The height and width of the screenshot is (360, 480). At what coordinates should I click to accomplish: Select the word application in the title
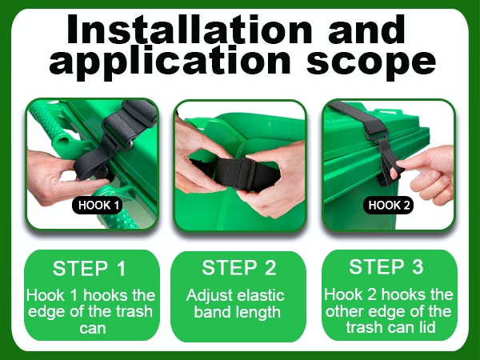(x=170, y=62)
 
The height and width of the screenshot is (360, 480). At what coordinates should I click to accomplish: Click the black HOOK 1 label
(x=98, y=205)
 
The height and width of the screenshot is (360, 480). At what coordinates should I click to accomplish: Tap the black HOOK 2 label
(x=389, y=205)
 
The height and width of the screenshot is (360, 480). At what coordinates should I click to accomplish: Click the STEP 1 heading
(x=89, y=269)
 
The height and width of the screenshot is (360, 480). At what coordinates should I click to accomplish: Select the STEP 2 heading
(x=238, y=267)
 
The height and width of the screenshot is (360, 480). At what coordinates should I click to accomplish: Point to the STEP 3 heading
(x=386, y=266)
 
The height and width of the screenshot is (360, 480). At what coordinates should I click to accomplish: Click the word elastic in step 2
(x=261, y=295)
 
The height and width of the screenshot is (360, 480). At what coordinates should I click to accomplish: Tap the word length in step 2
(x=258, y=312)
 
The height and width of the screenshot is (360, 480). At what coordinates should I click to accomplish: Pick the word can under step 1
(x=93, y=329)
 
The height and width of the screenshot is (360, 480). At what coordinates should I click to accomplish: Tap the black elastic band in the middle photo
(x=235, y=174)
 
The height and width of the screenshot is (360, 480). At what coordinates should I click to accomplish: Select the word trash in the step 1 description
(x=134, y=312)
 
